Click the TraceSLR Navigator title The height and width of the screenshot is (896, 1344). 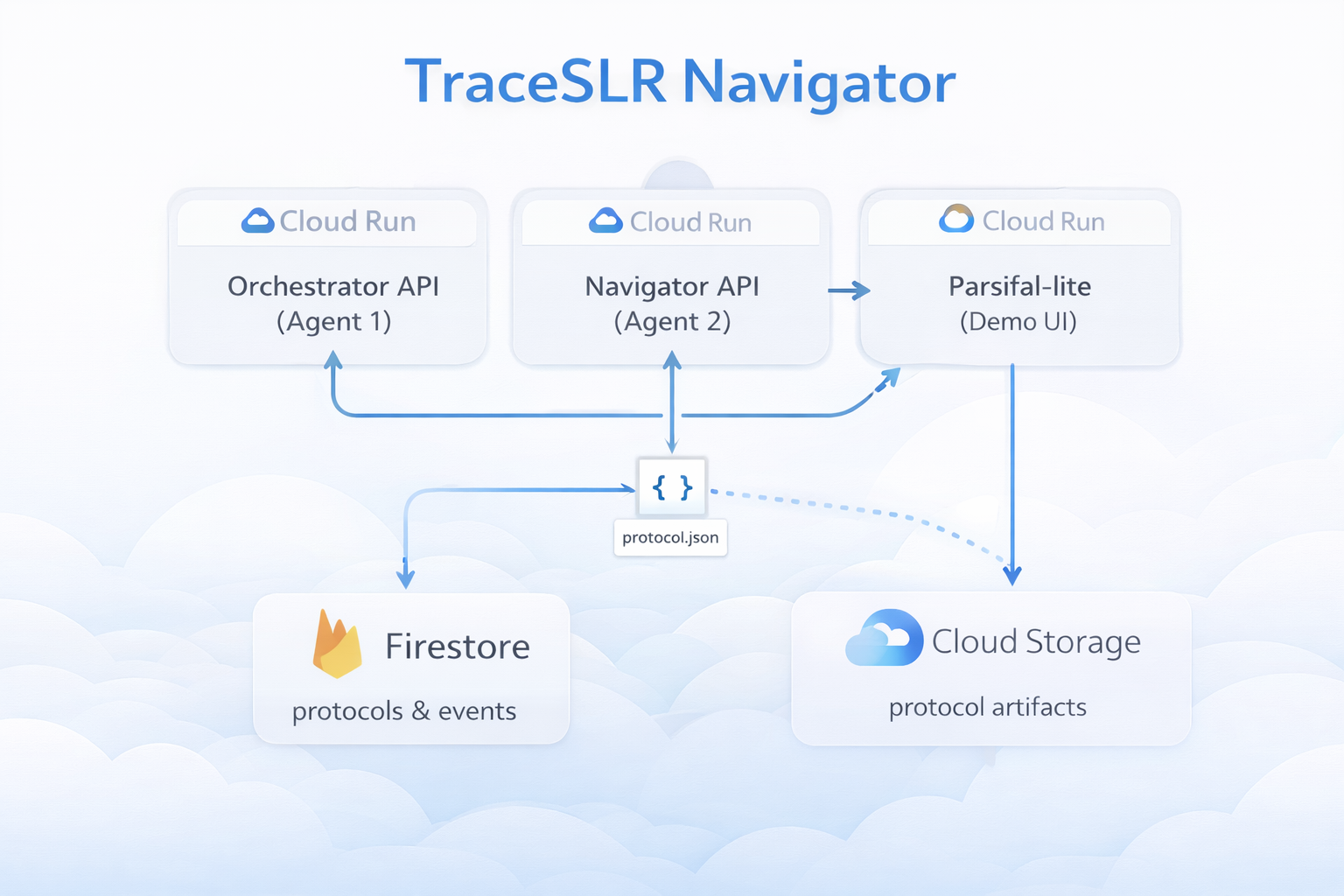[x=681, y=83]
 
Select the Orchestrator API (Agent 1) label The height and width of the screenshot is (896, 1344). [x=333, y=304]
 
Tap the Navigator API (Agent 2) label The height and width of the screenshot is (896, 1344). [x=672, y=304]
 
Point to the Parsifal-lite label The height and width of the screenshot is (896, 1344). [x=1019, y=286]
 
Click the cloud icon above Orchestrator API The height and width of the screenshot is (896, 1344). [x=258, y=220]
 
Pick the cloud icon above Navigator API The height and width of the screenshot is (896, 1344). [x=605, y=220]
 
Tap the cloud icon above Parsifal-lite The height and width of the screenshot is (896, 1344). [x=956, y=219]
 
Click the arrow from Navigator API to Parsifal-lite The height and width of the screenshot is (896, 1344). [x=849, y=290]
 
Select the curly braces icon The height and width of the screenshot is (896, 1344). [x=672, y=487]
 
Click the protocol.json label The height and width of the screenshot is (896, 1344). [x=670, y=537]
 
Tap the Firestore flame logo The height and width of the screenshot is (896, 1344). [x=337, y=644]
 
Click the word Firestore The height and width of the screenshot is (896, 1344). [x=458, y=647]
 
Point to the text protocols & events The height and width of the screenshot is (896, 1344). [x=403, y=711]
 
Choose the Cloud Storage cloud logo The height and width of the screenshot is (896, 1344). [x=884, y=637]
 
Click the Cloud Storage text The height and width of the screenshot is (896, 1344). [x=1036, y=642]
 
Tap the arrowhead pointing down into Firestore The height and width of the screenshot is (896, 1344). [x=406, y=578]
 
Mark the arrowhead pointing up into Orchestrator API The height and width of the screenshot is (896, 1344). [x=333, y=360]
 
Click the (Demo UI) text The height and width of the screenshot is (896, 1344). [x=1018, y=322]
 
